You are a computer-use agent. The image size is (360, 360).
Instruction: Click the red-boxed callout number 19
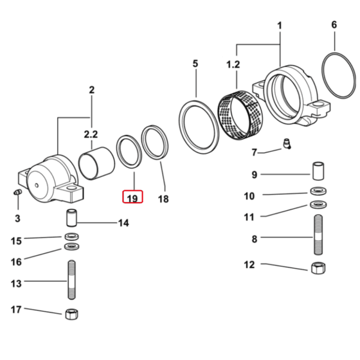(133, 197)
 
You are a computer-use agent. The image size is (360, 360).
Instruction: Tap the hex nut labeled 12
(317, 268)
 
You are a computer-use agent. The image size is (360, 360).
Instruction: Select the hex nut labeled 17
(71, 313)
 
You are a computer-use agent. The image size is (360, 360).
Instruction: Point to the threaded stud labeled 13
(71, 280)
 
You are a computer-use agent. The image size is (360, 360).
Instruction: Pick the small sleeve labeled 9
(317, 170)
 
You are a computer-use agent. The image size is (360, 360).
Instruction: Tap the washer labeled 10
(317, 192)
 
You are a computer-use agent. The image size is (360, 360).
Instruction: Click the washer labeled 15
(71, 235)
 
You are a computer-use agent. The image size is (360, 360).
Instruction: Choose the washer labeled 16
(71, 247)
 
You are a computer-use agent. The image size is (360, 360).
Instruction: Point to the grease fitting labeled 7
(286, 144)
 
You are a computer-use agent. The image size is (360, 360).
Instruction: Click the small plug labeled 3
(17, 192)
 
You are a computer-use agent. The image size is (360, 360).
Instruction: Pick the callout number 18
(163, 199)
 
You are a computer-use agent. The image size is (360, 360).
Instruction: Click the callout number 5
(195, 64)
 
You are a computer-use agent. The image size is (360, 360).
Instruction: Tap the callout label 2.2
(91, 134)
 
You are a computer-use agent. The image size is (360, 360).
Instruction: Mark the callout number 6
(334, 25)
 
